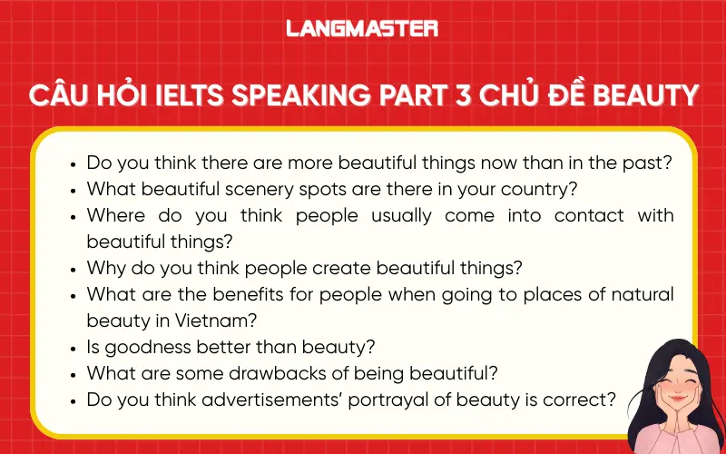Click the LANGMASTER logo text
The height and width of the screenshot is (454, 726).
(362, 28)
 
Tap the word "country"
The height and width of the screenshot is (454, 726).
(545, 190)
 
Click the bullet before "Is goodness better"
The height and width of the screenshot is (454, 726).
(74, 347)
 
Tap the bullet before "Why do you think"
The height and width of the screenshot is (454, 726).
(74, 269)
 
